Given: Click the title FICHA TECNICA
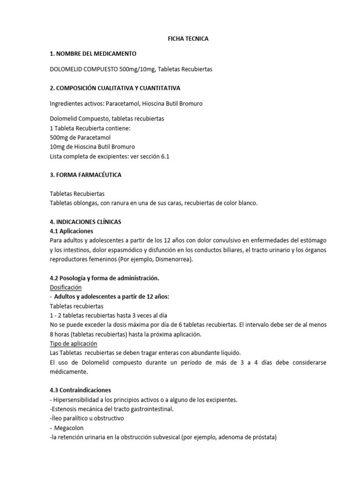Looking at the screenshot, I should (x=188, y=39).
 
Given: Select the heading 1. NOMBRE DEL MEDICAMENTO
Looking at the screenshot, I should (x=93, y=54).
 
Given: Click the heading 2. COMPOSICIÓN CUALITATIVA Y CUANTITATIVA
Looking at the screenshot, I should (x=115, y=88).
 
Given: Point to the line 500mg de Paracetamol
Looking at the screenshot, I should (x=80, y=137).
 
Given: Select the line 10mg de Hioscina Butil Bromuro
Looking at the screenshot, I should (x=92, y=147).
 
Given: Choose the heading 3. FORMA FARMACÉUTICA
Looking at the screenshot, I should (x=85, y=175).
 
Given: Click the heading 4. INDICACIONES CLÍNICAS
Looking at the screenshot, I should (x=85, y=222).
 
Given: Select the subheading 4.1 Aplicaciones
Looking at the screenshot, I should (x=71, y=231).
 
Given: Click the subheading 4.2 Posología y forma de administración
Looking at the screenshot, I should (x=105, y=278).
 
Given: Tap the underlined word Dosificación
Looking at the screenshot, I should (x=66, y=287).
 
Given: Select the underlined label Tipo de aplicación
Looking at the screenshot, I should (x=73, y=344).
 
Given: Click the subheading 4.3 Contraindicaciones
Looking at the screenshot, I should (x=80, y=390).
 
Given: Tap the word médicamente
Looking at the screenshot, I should (x=69, y=372).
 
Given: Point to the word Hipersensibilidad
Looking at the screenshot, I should (x=77, y=400).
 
